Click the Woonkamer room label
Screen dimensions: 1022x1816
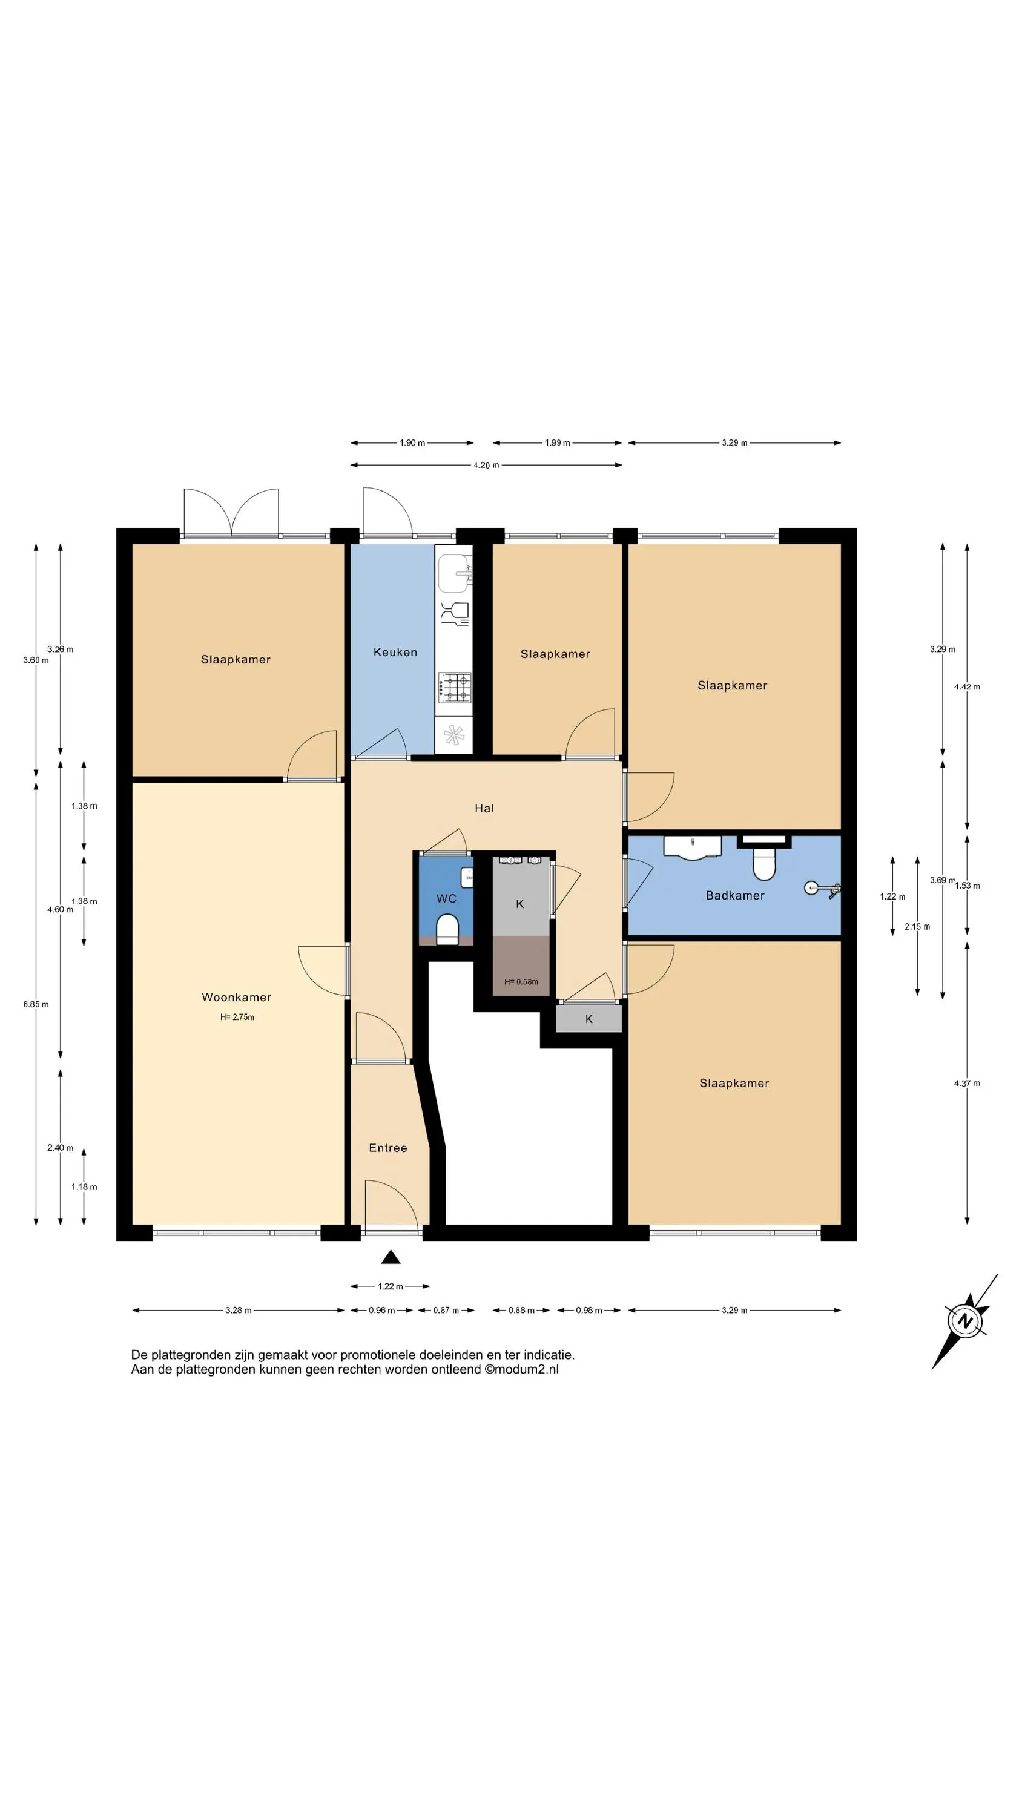coord(236,997)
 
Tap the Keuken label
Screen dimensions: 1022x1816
coord(395,652)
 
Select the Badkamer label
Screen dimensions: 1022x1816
coord(735,895)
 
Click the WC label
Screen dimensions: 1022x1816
coord(446,899)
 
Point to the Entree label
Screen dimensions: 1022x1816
coord(388,1148)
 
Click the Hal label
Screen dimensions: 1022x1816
coord(484,808)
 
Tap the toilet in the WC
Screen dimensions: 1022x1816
coord(448,929)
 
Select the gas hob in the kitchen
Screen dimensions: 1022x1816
coord(455,687)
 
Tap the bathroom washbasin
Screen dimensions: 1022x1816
coord(693,847)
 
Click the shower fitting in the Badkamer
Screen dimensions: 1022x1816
coord(822,890)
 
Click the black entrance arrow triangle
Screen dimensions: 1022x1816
coord(391,1257)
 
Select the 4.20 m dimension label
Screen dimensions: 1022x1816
coord(486,466)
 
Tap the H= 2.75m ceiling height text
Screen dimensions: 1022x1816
coord(237,1018)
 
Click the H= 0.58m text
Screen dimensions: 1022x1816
coord(521,982)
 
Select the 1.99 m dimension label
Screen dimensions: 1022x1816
coord(557,442)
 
